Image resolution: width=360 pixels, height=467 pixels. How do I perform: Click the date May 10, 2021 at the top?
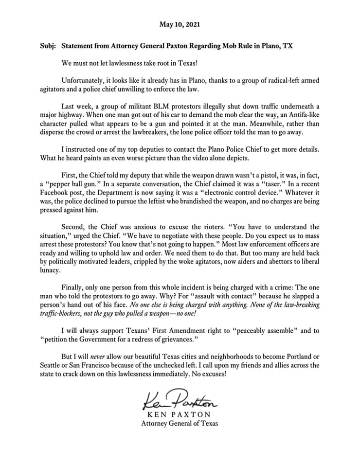tap(180, 24)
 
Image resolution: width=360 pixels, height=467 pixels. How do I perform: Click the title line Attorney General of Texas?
tap(180, 423)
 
